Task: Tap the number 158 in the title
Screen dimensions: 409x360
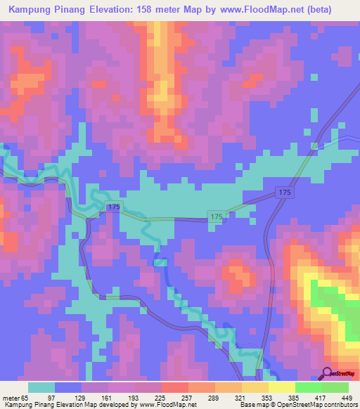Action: coord(160,10)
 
